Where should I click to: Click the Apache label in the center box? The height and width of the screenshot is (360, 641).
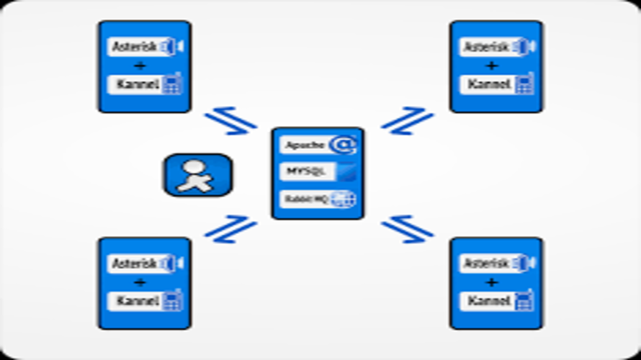303,145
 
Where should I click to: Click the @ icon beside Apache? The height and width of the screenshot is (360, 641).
343,145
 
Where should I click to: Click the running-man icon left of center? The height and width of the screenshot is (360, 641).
197,175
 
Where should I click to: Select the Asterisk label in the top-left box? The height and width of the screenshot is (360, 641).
134,48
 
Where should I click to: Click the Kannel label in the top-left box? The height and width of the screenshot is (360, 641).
135,84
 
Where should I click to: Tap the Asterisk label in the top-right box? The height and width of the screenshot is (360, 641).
486,48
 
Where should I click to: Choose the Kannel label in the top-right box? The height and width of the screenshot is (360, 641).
488,84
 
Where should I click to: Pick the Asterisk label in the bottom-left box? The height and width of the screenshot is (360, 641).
134,264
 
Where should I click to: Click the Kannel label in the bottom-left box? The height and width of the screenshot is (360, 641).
135,300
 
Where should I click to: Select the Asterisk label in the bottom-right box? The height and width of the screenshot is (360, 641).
486,264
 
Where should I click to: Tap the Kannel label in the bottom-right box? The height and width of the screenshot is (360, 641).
488,300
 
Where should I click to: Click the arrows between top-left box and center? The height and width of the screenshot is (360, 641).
230,121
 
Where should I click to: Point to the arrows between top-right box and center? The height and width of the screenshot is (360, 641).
408,120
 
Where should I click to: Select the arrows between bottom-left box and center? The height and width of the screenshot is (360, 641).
230,229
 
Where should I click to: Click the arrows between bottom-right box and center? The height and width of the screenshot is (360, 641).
408,229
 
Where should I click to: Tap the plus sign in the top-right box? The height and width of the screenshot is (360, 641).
492,66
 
